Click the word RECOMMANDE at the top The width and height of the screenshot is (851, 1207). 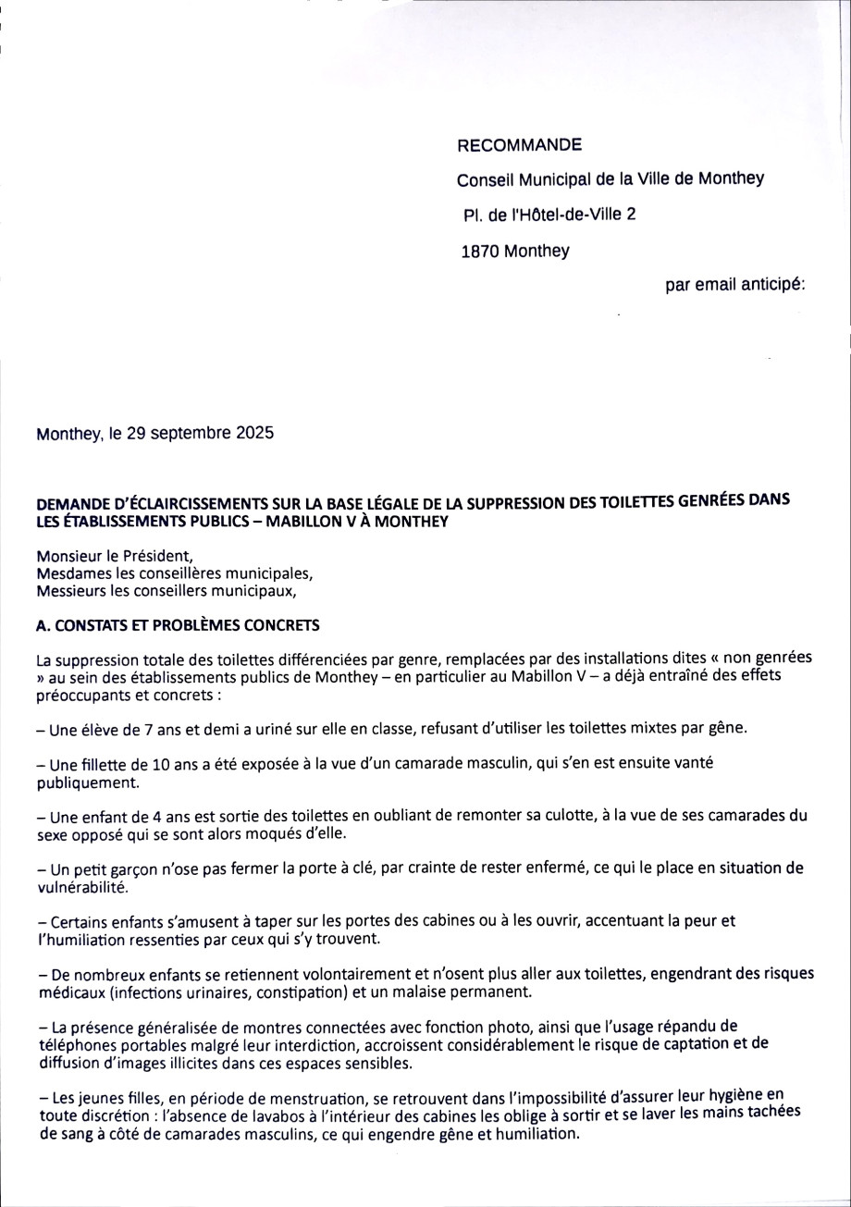pyautogui.click(x=520, y=145)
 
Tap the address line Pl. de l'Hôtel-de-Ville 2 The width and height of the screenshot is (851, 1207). pyautogui.click(x=549, y=216)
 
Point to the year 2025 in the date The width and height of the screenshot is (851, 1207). pyautogui.click(x=253, y=433)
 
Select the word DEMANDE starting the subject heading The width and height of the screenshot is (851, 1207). pyautogui.click(x=70, y=505)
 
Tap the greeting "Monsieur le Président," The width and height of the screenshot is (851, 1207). pyautogui.click(x=114, y=556)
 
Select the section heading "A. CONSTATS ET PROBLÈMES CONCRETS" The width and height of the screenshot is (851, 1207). pyautogui.click(x=178, y=626)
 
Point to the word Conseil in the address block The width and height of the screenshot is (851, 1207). pyautogui.click(x=485, y=179)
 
